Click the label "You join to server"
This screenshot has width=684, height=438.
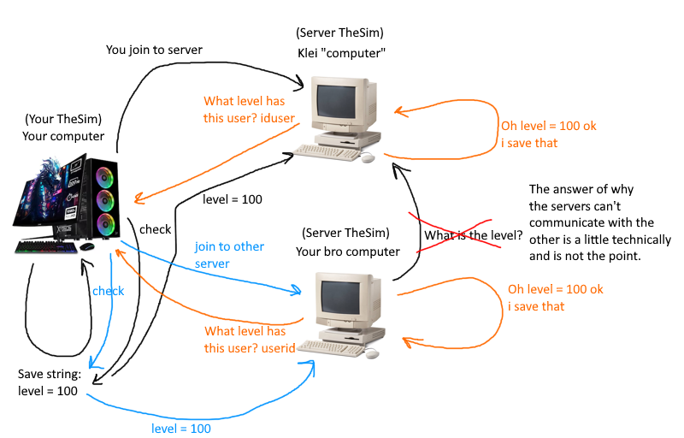[154, 50]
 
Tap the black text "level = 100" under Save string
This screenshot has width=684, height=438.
[48, 391]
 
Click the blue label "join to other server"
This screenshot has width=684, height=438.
[229, 255]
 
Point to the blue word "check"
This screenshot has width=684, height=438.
[108, 291]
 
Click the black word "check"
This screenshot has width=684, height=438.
[155, 229]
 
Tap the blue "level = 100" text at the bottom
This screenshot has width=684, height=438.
[181, 428]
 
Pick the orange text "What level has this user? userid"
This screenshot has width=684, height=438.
[250, 340]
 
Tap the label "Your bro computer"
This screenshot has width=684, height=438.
[348, 252]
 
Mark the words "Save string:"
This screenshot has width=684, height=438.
[49, 375]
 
